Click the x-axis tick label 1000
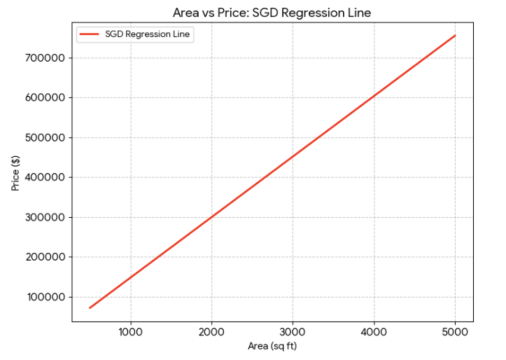(130, 332)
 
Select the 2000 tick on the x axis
(211, 332)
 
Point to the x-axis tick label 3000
(293, 332)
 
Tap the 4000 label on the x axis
(374, 332)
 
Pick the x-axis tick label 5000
(455, 332)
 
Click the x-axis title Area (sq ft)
(272, 347)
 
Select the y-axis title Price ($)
(15, 173)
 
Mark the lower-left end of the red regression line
(90, 307)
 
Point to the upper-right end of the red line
(455, 36)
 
